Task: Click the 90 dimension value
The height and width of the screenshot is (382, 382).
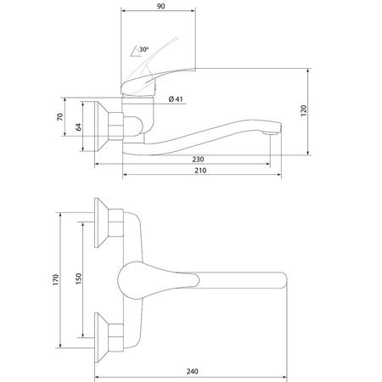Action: [160, 6]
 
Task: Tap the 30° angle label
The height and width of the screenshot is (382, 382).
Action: [143, 49]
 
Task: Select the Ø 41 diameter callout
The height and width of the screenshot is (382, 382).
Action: [176, 99]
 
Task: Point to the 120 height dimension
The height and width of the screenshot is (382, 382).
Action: [304, 110]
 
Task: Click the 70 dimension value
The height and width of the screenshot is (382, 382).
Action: [60, 117]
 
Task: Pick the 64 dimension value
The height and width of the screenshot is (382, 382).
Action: [78, 127]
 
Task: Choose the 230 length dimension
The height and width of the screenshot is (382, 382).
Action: [198, 160]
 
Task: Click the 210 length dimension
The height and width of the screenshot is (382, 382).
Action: [200, 171]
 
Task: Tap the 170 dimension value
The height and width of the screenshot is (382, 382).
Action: [56, 279]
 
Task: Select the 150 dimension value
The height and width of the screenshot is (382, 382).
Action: [79, 278]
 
